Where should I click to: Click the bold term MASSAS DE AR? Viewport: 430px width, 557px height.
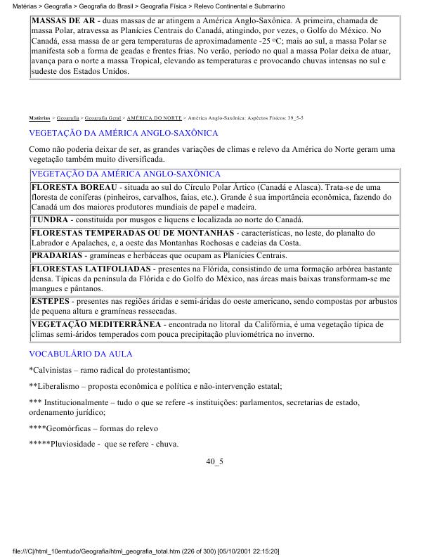tap(63, 21)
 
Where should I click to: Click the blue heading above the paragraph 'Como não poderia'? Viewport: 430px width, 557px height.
tap(123, 132)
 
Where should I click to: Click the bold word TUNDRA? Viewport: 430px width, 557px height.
tap(50, 219)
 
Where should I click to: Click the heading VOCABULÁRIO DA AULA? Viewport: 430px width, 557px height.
tap(80, 354)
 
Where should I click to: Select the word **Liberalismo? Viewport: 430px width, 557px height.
tap(58, 386)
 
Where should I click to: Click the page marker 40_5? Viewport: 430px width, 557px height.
tap(214, 462)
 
